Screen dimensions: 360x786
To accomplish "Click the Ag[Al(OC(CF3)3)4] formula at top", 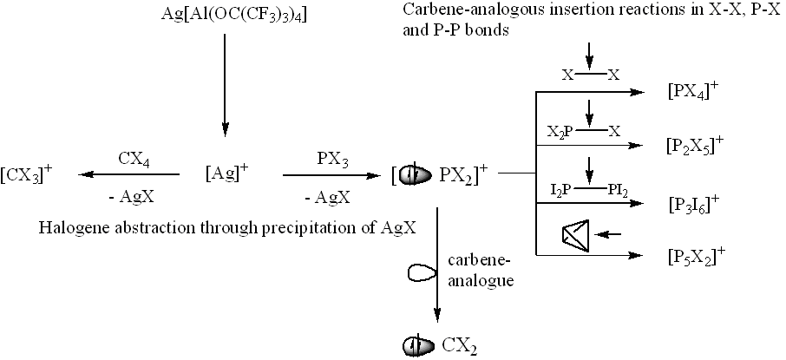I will point(225,16).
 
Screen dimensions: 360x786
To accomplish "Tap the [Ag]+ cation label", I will point(226,173).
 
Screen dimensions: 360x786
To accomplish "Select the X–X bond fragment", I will point(590,75).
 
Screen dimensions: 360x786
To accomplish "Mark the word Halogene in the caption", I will point(69,228).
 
